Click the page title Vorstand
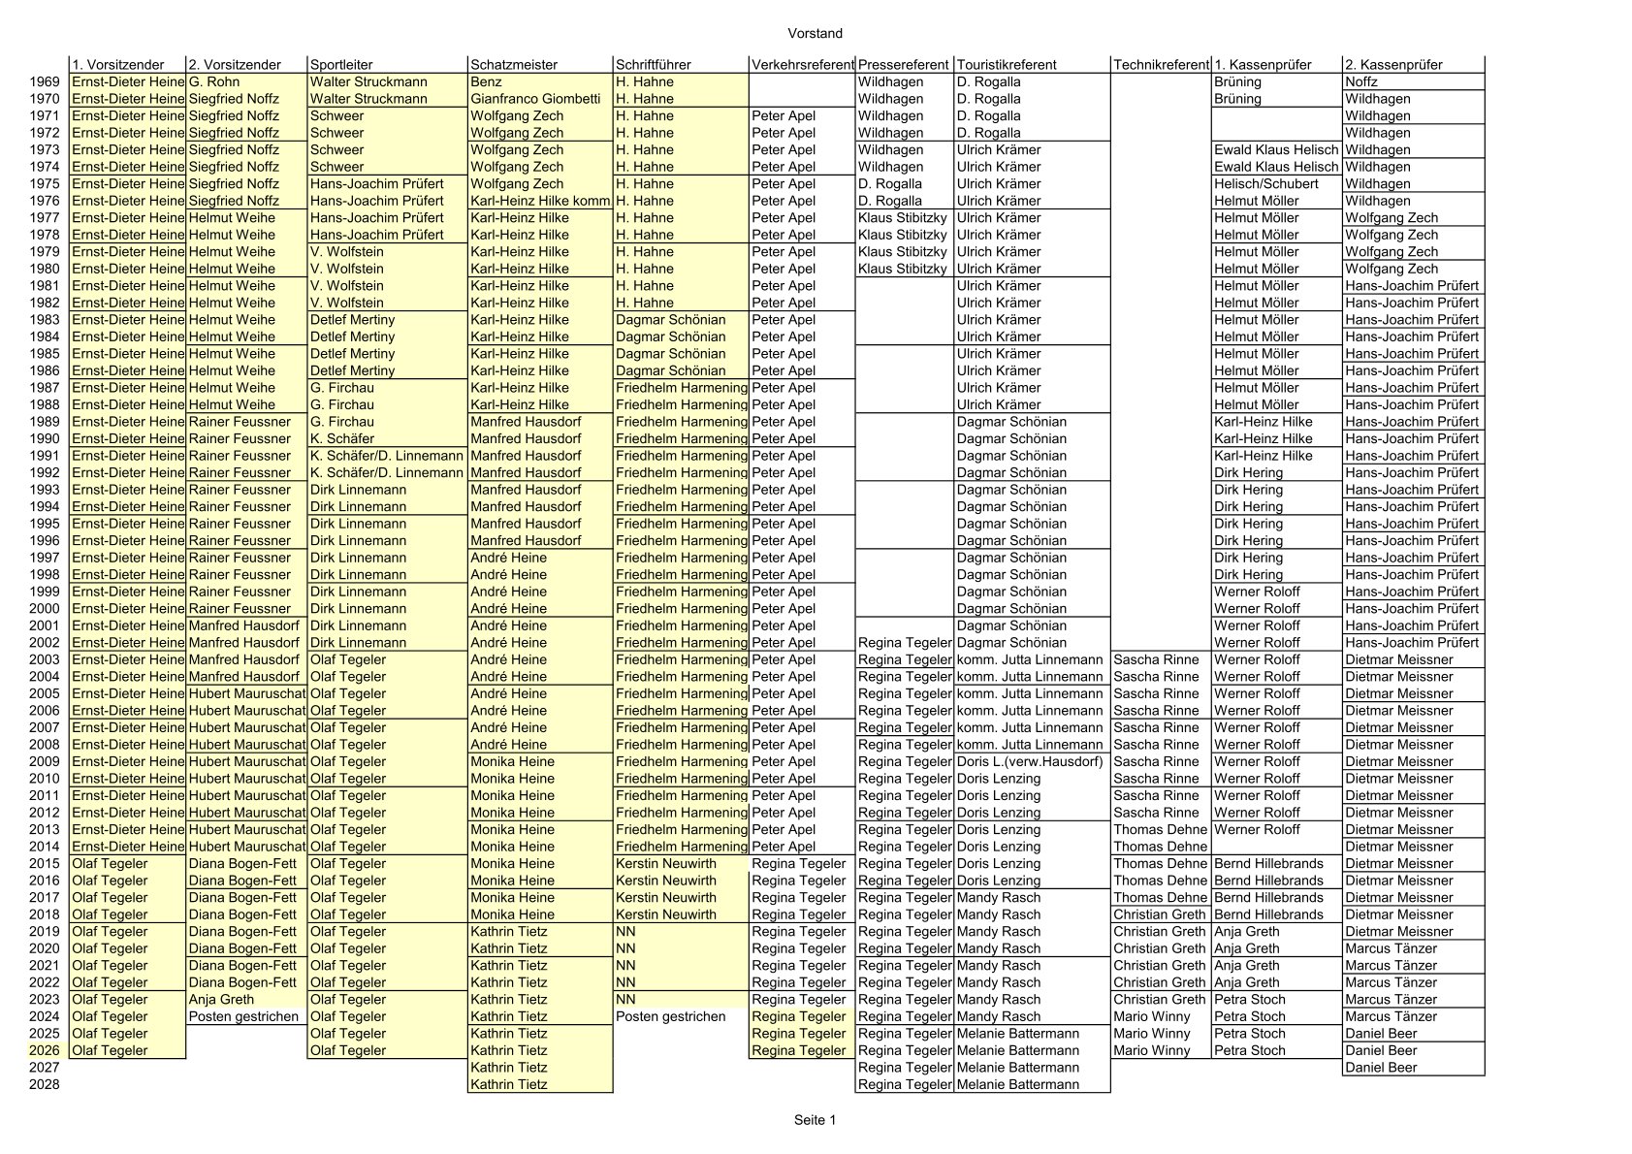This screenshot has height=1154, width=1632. pyautogui.click(x=815, y=34)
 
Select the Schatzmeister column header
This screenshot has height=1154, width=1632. pyautogui.click(x=514, y=65)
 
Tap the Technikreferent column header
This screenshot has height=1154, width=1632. pyautogui.click(x=1161, y=65)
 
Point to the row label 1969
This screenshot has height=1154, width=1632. pyautogui.click(x=45, y=82)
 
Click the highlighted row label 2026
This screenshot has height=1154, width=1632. pyautogui.click(x=45, y=1050)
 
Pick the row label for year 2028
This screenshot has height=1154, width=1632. pyautogui.click(x=45, y=1084)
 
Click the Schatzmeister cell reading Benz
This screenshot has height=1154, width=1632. pyautogui.click(x=487, y=82)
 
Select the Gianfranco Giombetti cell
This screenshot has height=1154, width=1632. pyautogui.click(x=535, y=99)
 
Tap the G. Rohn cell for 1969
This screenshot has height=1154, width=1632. pyautogui.click(x=214, y=82)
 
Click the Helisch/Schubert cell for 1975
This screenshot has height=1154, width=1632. pyautogui.click(x=1265, y=184)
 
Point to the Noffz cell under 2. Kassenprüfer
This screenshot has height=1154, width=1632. pyautogui.click(x=1361, y=82)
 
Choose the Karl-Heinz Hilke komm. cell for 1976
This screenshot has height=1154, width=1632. pyautogui.click(x=540, y=201)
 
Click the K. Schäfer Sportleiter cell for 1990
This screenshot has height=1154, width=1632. pyautogui.click(x=342, y=438)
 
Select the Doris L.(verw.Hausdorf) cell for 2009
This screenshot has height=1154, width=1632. pyautogui.click(x=1030, y=761)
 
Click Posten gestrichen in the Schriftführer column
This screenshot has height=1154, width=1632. pyautogui.click(x=670, y=1016)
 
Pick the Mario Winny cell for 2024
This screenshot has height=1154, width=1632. pyautogui.click(x=1151, y=1016)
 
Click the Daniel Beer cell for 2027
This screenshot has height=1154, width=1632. pyautogui.click(x=1381, y=1068)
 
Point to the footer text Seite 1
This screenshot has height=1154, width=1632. pyautogui.click(x=815, y=1120)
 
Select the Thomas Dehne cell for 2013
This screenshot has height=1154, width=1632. pyautogui.click(x=1160, y=829)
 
